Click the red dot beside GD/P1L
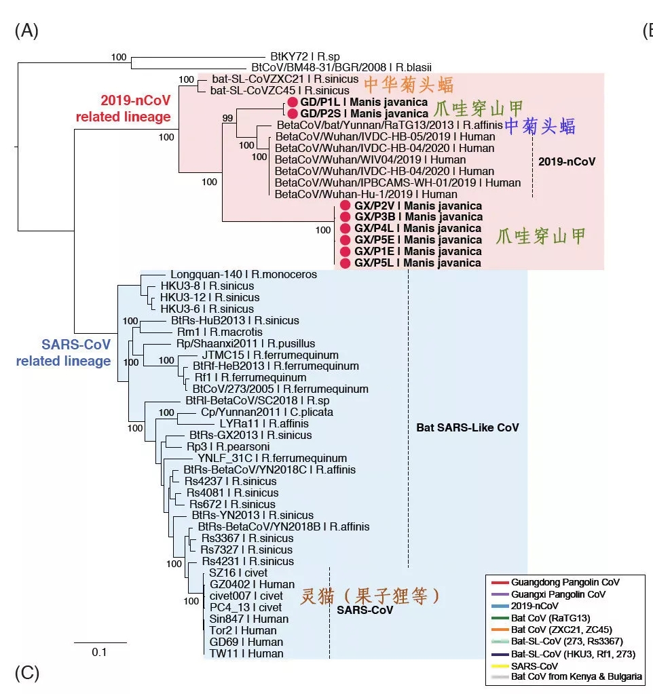click(292, 102)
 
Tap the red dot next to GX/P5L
click(346, 263)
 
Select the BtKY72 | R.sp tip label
click(305, 57)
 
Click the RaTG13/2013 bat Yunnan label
click(390, 126)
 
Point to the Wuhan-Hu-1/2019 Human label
click(366, 194)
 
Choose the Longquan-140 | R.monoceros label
click(244, 275)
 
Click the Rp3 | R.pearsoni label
click(228, 446)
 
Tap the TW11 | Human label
click(246, 654)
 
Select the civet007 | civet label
click(246, 596)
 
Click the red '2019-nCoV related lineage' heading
click(123, 109)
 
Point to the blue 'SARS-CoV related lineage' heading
click(63, 353)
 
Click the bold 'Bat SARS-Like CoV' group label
click(468, 427)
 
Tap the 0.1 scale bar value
click(99, 652)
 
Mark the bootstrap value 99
click(227, 118)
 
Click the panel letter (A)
click(26, 31)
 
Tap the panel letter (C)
click(27, 673)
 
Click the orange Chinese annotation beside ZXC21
click(409, 85)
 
